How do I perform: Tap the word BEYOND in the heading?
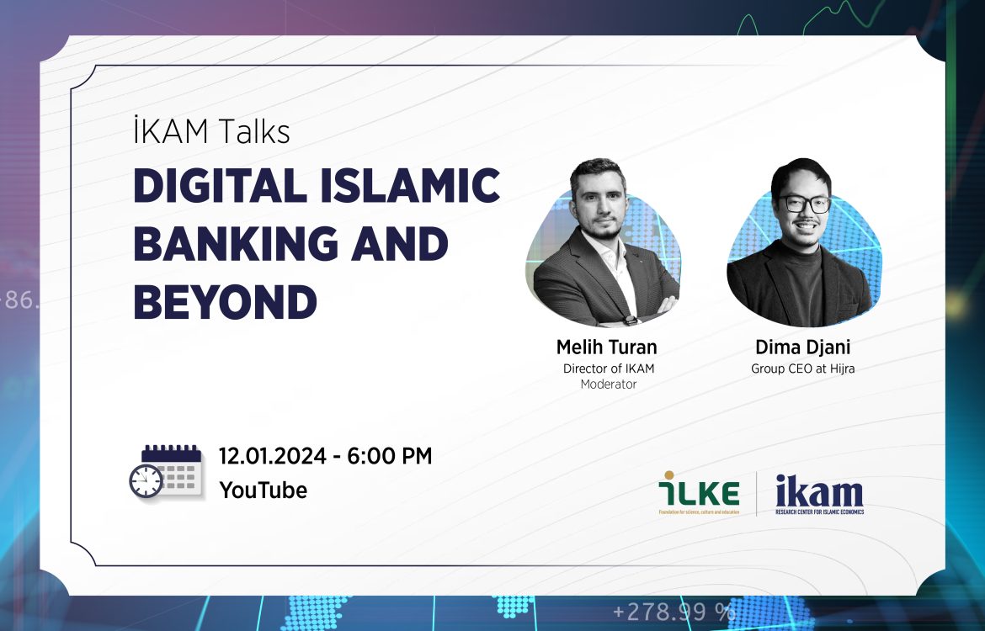(x=226, y=302)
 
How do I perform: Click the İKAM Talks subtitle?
(x=211, y=131)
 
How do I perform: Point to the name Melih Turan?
(x=607, y=347)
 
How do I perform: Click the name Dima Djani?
(x=803, y=347)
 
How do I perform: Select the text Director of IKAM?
(x=609, y=369)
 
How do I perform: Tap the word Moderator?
(x=609, y=384)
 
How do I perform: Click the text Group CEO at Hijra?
(x=803, y=369)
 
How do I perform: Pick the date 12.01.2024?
(x=273, y=456)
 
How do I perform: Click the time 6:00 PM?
(x=390, y=456)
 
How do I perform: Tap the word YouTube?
(x=264, y=490)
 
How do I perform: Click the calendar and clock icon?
(x=166, y=471)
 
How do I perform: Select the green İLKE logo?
(x=699, y=492)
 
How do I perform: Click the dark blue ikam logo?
(x=819, y=494)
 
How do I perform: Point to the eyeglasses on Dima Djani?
(x=805, y=204)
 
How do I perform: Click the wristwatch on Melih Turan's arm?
(x=631, y=321)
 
